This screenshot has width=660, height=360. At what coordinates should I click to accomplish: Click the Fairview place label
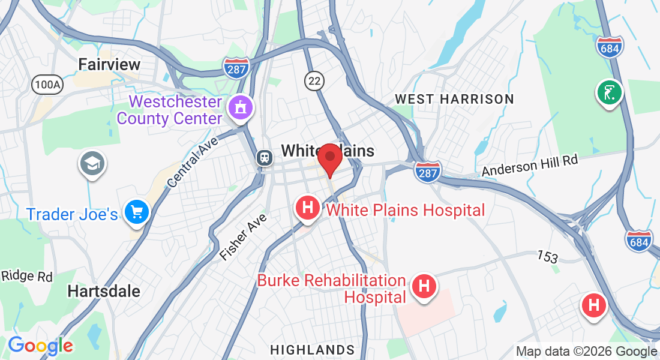click(109, 64)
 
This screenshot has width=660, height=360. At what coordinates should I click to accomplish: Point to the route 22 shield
click(313, 80)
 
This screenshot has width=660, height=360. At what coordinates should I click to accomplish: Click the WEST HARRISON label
click(454, 99)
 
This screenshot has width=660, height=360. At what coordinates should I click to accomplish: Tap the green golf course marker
click(610, 92)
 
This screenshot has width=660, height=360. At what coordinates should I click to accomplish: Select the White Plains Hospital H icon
click(308, 209)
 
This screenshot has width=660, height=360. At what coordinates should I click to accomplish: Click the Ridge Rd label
click(27, 277)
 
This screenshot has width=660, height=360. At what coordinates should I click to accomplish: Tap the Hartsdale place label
click(104, 292)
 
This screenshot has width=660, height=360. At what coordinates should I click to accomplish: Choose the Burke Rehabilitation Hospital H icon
click(424, 286)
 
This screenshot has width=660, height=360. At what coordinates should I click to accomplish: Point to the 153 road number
click(547, 257)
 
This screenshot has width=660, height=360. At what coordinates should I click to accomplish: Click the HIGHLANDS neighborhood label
click(312, 350)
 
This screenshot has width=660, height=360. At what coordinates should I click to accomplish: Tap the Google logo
click(40, 346)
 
